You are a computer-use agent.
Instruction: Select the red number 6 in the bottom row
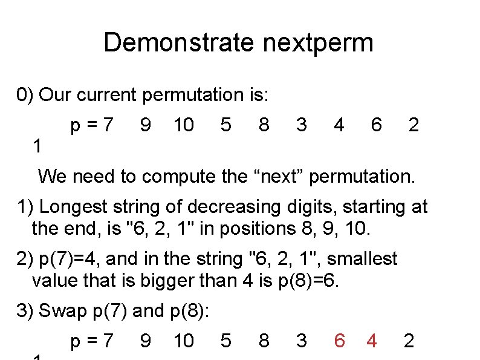click(x=339, y=341)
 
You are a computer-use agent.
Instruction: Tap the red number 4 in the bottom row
click(x=372, y=341)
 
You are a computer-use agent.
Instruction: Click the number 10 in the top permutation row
click(x=183, y=125)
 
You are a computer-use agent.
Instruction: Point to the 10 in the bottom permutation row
click(x=183, y=341)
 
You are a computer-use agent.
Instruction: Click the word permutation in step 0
click(x=203, y=95)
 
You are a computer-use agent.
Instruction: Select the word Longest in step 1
click(x=73, y=207)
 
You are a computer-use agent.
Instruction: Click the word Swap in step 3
click(x=63, y=311)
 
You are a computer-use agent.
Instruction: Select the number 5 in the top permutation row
click(x=225, y=125)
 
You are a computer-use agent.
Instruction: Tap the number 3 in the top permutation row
click(x=301, y=125)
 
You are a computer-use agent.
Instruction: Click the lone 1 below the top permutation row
click(x=37, y=146)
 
